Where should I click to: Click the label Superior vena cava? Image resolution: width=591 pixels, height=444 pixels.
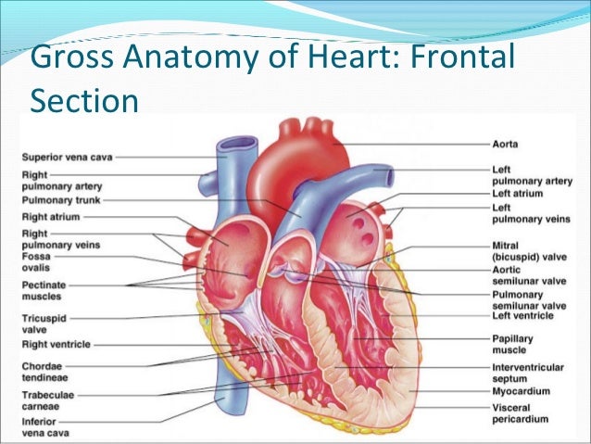66,157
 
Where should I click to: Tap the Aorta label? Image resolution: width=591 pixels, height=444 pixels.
506,145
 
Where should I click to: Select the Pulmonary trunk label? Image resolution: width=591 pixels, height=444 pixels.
60,199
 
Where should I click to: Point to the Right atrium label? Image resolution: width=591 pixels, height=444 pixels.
52,215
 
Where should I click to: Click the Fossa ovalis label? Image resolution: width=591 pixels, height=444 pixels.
36,264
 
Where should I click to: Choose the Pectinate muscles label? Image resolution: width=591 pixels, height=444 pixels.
44,289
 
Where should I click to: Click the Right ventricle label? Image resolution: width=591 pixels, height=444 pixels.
56,344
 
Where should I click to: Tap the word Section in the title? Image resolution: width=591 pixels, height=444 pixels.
83,98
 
